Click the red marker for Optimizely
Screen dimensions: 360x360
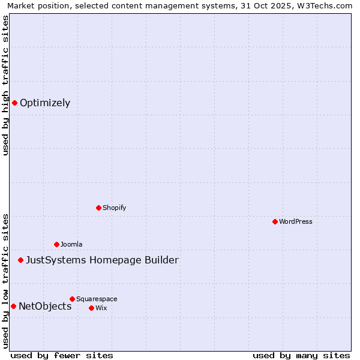coord(14,103)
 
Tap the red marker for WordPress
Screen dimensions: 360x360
coord(275,221)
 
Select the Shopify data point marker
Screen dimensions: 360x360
coord(98,208)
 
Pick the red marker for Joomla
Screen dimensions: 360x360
coord(56,244)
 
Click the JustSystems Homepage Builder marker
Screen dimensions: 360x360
coord(20,260)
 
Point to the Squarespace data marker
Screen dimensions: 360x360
coord(72,299)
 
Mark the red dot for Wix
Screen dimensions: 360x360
coord(91,308)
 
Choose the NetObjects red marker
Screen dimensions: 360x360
coord(13,306)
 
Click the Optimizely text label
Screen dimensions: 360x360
coord(45,103)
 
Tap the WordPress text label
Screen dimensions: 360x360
coord(296,221)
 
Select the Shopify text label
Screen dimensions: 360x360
coord(114,208)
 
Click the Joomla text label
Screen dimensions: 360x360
coord(71,244)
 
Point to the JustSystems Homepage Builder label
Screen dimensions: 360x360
coord(102,260)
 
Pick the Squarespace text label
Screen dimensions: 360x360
coord(97,299)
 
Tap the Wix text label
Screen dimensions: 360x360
coord(101,308)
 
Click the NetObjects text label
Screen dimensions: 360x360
coord(45,306)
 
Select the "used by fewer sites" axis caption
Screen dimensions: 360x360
coord(62,355)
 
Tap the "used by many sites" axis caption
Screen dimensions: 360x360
coord(301,355)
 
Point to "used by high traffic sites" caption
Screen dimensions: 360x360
coord(5,85)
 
